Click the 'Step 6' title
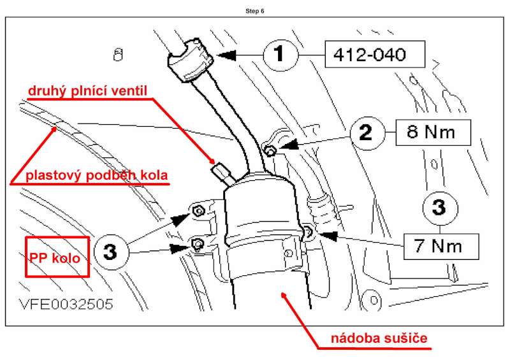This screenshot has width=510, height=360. point(255,11)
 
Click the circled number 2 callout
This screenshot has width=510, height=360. point(367,133)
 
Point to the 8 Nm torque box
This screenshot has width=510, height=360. point(433,133)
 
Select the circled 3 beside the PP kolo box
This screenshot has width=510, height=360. point(111,252)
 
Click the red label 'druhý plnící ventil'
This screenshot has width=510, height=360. point(87,91)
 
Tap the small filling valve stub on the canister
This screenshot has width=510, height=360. point(220,171)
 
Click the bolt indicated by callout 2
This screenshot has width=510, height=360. point(270,150)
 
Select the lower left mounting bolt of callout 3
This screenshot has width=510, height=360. point(197,243)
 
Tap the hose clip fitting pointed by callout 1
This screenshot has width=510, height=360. point(188,60)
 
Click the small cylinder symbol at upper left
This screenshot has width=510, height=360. point(116,54)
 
